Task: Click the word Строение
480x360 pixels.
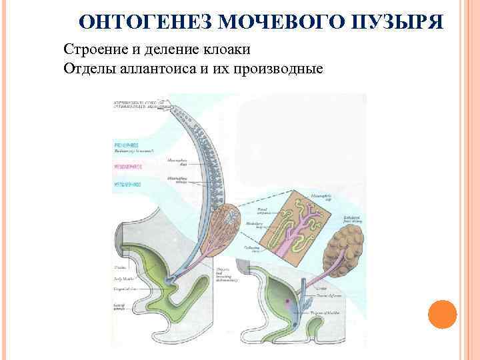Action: click(x=91, y=50)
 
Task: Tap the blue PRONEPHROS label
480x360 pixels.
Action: click(x=126, y=144)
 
